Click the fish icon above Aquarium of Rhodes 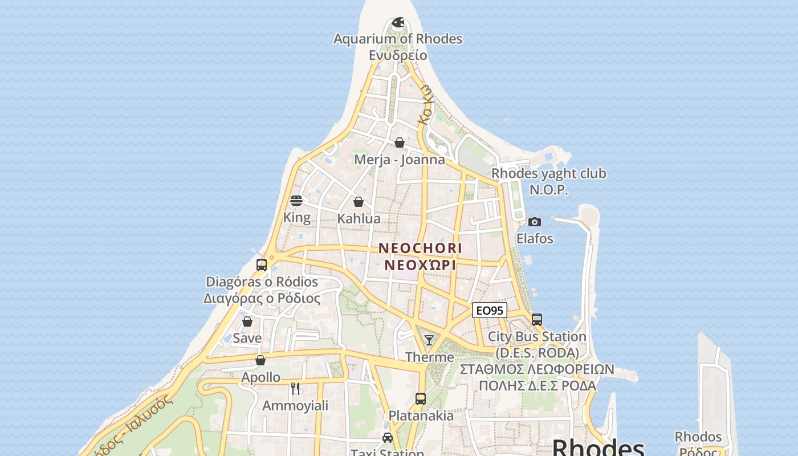tap(398, 23)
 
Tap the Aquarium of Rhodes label tap(398, 39)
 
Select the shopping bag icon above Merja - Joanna tap(400, 142)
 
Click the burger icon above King tap(296, 200)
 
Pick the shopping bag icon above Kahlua tap(359, 202)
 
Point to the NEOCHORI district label tap(420, 249)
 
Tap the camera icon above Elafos tap(535, 222)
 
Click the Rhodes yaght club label tap(549, 173)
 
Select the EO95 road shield tap(490, 310)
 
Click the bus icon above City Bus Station tap(537, 320)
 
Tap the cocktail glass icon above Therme tap(429, 340)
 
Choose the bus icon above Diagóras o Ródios tap(262, 265)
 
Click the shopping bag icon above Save tap(247, 321)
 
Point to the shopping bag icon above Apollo tap(260, 360)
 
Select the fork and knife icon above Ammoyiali tap(295, 389)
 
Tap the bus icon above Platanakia tap(421, 399)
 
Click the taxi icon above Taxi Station tap(388, 438)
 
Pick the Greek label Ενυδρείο tap(398, 55)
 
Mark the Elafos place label tap(535, 238)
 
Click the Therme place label tap(430, 357)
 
